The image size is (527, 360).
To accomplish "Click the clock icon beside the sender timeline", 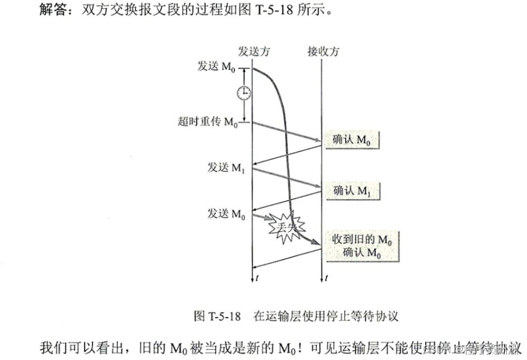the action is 243,93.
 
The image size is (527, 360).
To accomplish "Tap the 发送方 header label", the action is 254,51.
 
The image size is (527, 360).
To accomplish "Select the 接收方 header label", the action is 323,51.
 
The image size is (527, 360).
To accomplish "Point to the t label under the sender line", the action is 257,277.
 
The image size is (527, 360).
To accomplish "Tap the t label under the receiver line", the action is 326,277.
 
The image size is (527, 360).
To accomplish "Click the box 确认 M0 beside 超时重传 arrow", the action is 352,140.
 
